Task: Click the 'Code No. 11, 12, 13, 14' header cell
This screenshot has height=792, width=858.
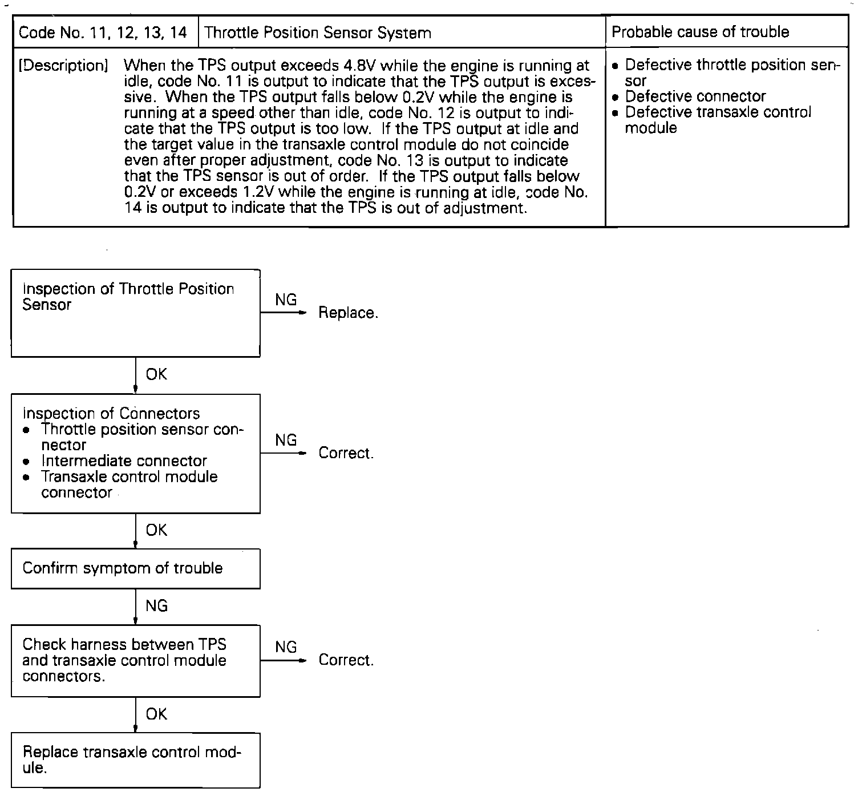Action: point(103,33)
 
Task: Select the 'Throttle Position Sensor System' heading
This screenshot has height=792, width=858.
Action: point(318,33)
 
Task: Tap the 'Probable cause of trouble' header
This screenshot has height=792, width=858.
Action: point(700,32)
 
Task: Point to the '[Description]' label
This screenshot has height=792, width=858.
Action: point(63,66)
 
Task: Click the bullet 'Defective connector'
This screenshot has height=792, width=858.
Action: point(695,96)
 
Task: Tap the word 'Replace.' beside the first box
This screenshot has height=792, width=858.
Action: point(348,313)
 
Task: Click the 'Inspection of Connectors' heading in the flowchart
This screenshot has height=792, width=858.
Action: point(111,413)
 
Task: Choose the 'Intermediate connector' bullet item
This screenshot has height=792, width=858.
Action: point(124,460)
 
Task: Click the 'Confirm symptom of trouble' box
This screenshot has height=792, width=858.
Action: point(136,568)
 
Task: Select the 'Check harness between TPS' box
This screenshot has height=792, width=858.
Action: point(136,660)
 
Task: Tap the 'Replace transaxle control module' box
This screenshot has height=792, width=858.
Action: point(136,760)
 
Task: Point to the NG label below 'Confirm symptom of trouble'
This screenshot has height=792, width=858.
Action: point(156,606)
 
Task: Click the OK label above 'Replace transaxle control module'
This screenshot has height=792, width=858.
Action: point(156,714)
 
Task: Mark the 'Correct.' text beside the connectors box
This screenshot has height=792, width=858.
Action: point(346,453)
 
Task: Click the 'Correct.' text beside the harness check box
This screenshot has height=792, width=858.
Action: point(346,660)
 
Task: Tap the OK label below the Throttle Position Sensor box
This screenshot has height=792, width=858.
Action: point(156,374)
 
